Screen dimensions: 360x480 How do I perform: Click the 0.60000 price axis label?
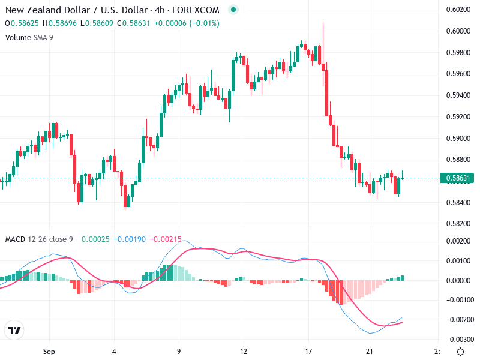pyautogui.click(x=457, y=31)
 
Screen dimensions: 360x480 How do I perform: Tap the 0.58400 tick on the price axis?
pyautogui.click(x=457, y=202)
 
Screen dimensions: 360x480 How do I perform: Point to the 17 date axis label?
pyautogui.click(x=308, y=351)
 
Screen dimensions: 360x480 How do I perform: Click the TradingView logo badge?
pyautogui.click(x=14, y=331)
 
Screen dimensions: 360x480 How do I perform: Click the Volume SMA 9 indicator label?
pyautogui.click(x=28, y=37)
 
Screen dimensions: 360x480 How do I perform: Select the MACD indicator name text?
pyautogui.click(x=15, y=239)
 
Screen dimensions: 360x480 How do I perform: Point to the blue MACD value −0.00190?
pyautogui.click(x=133, y=239)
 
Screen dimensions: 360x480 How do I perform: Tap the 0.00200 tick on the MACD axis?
pyautogui.click(x=457, y=241)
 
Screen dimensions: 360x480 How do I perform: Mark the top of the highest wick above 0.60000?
pyautogui.click(x=323, y=23)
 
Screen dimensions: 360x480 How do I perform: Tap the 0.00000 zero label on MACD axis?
pyautogui.click(x=457, y=280)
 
